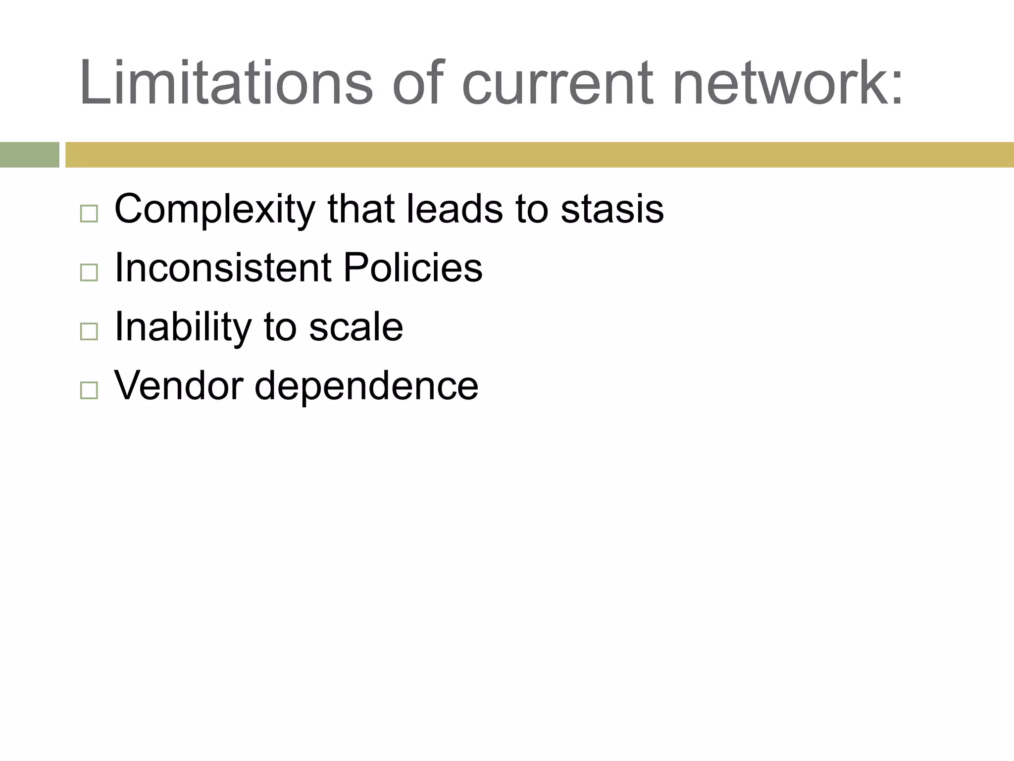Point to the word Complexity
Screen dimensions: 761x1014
[214, 210]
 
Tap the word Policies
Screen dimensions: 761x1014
[412, 268]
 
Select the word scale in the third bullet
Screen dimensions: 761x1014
[356, 327]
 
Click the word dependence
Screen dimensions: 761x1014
[366, 386]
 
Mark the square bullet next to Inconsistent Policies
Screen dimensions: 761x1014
[89, 272]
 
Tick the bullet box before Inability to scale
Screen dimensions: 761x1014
[89, 331]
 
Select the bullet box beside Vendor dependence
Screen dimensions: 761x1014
[89, 390]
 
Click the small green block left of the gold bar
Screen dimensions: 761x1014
[29, 155]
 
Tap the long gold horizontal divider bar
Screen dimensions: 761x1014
[540, 155]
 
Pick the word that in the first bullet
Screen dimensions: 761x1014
[360, 209]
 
